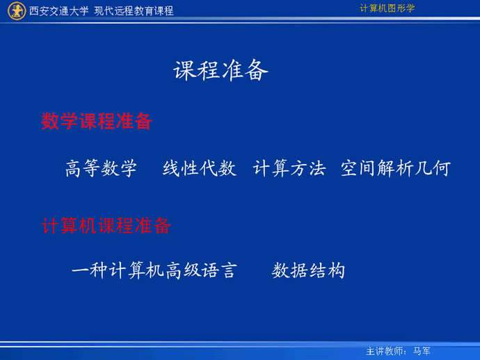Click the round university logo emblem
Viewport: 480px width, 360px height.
(17, 10)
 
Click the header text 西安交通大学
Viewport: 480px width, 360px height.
(58, 11)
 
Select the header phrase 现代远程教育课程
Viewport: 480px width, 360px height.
(134, 11)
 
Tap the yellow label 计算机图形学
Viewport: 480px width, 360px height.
(387, 8)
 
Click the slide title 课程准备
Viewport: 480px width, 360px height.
(221, 71)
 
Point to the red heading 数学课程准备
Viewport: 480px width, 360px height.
(97, 121)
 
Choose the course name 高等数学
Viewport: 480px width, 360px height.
(101, 168)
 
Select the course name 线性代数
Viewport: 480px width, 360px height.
(200, 168)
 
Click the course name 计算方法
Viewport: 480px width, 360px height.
(289, 168)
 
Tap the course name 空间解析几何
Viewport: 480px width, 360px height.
(396, 168)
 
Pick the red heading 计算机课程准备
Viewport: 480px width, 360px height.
(106, 226)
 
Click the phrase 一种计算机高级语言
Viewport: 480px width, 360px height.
(154, 270)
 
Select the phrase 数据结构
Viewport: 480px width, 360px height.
(309, 270)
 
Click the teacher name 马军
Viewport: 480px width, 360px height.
(422, 351)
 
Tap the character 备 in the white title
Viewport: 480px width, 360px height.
(257, 71)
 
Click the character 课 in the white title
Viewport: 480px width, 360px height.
(184, 71)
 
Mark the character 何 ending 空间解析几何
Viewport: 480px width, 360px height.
(442, 168)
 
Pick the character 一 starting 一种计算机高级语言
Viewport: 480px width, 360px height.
(80, 270)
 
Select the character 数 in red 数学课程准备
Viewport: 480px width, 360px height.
(50, 121)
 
